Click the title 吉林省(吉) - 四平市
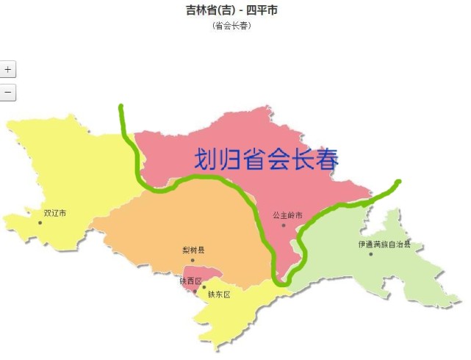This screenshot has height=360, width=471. coord(232,10)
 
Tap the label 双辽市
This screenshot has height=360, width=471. coord(54,213)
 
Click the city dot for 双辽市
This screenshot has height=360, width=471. coord(40,222)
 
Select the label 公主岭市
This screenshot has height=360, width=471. coord(287,215)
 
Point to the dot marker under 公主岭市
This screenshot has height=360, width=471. coord(283,225)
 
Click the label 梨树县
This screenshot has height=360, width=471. coord(193,251)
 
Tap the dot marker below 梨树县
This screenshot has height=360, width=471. coord(193,260)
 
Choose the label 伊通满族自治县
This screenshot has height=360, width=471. coord(384,245)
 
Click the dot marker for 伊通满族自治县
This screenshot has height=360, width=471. coord(371,254)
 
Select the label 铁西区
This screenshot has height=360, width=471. coord(190,281)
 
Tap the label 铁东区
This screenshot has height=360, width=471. coord(219,294)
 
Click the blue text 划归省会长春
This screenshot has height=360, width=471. coord(267,159)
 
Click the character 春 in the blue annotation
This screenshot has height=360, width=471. coord(324,159)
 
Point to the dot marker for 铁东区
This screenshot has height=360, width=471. coord(204,287)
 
